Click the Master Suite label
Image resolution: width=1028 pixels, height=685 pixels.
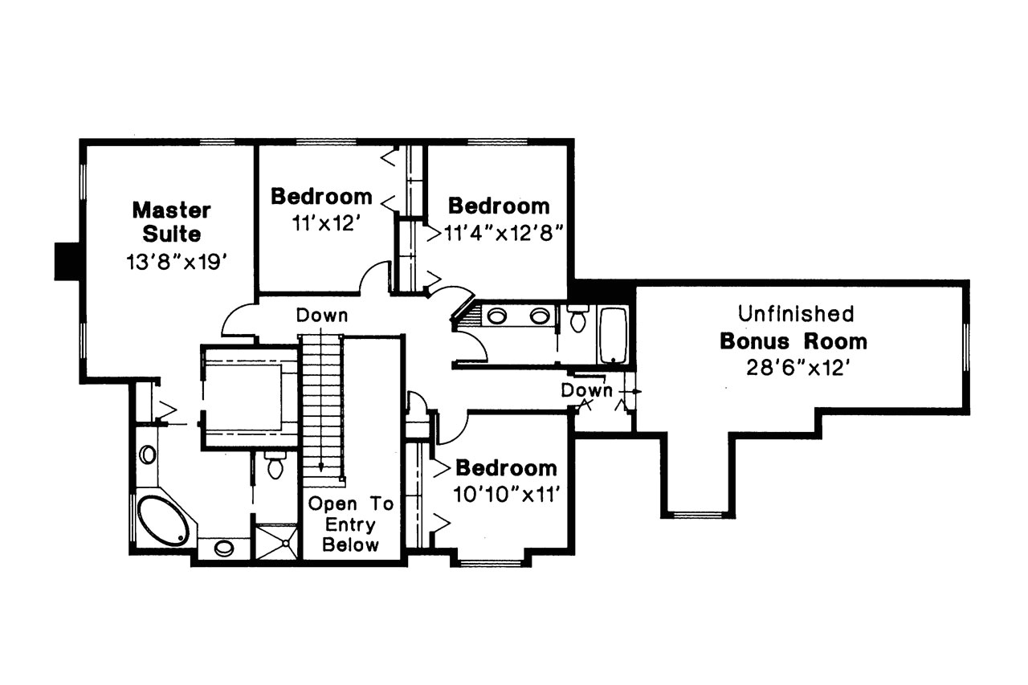pos(171,222)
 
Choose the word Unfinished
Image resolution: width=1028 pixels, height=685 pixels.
pos(795,313)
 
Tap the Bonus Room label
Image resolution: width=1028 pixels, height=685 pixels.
pos(793,341)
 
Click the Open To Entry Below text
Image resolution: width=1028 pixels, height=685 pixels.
pos(352,525)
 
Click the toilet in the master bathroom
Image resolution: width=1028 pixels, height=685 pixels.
pos(275,465)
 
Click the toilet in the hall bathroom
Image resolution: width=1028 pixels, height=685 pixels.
pos(577,319)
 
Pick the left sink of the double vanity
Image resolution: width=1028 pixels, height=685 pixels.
pos(497,316)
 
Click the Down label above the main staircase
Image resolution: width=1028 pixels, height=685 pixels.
pos(322,316)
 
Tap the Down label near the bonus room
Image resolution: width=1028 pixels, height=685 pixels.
pos(586,391)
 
